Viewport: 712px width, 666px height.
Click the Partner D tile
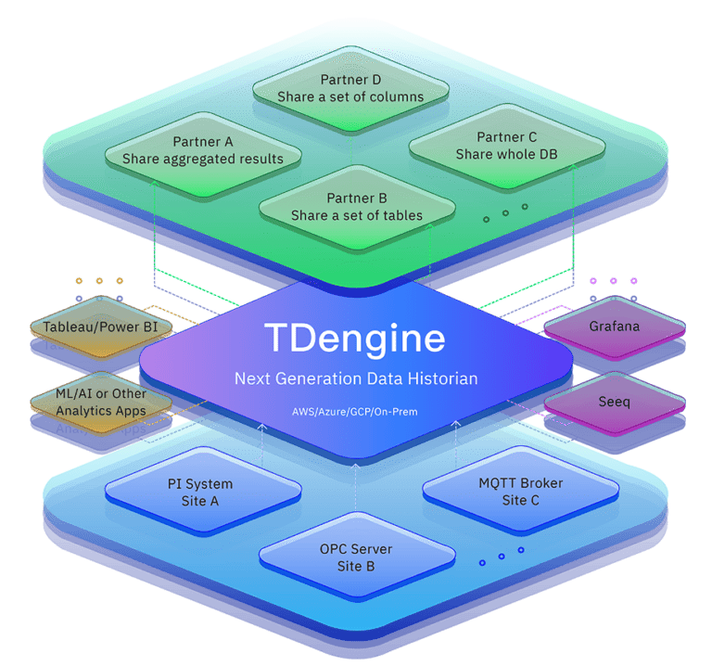(350, 88)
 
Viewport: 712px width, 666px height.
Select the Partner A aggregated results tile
(202, 150)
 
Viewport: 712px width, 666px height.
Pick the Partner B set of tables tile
(357, 207)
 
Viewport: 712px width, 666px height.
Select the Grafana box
(614, 327)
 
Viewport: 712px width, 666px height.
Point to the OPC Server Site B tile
(356, 557)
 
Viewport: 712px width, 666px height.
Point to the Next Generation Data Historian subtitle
(355, 378)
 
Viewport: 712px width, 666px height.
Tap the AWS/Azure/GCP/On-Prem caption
(356, 410)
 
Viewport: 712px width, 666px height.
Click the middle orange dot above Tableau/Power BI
(99, 280)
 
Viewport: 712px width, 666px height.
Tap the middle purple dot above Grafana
(613, 280)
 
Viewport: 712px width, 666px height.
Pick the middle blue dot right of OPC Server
(502, 557)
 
